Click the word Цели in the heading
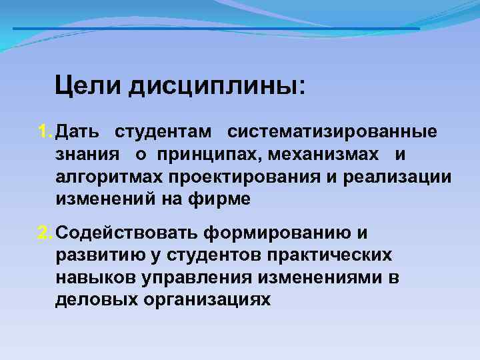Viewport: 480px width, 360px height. point(88,85)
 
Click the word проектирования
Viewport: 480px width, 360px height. point(237,178)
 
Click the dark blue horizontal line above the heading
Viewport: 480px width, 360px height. point(217,29)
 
